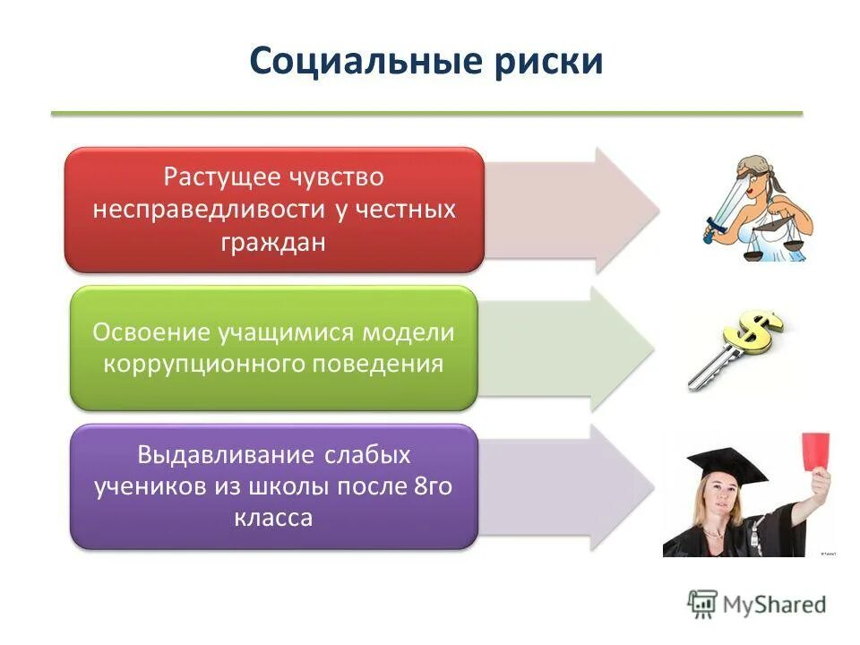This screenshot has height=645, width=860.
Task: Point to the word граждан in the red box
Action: [274, 242]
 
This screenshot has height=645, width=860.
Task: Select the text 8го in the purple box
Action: [435, 486]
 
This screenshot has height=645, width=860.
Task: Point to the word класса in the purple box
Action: [274, 518]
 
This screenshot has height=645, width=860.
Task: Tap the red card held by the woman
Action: [814, 452]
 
